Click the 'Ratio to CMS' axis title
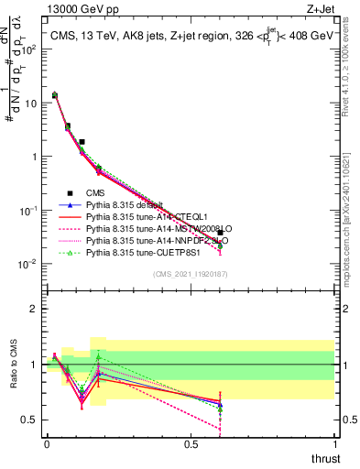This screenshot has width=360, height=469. tap(13, 365)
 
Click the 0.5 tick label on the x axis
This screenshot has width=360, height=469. tap(191, 444)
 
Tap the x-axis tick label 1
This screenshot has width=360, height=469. tap(333, 444)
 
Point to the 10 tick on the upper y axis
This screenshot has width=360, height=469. tap(31, 103)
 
